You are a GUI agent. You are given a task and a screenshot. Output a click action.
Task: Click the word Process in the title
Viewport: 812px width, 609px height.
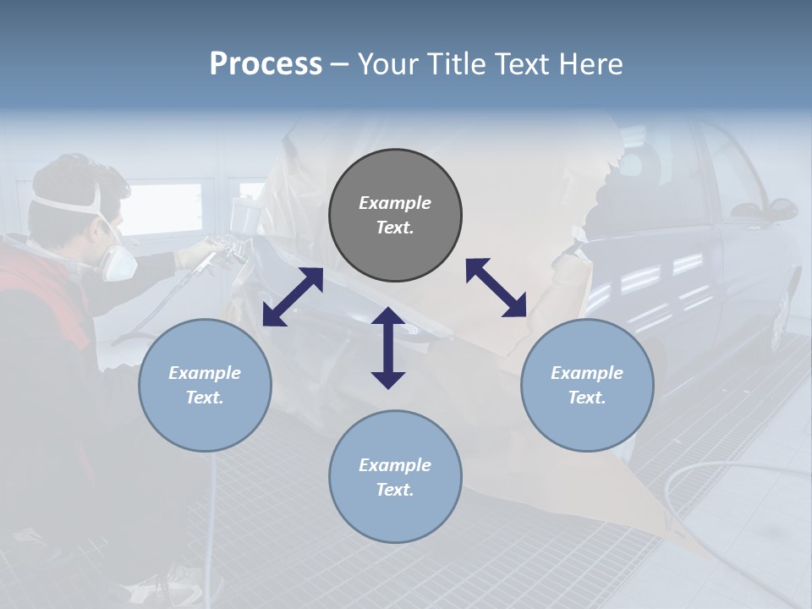click(x=266, y=64)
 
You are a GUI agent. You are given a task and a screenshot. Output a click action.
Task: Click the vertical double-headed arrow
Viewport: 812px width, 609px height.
click(x=388, y=348)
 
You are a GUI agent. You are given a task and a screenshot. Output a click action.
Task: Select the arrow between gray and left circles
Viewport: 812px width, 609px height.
click(x=293, y=297)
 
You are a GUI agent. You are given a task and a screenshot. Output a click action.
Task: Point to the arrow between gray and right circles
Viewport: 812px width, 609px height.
click(x=496, y=288)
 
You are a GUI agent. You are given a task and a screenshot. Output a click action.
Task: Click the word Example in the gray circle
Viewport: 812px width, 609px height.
click(x=395, y=203)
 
